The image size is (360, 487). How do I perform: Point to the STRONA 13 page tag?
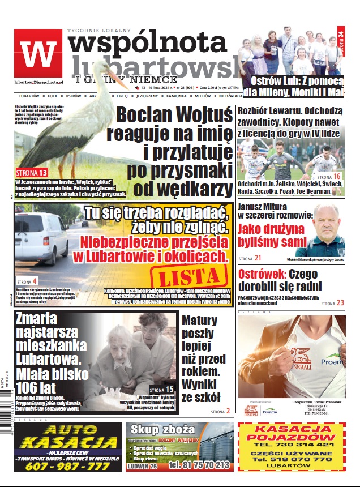point(32,172)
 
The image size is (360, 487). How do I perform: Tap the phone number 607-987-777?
point(68,466)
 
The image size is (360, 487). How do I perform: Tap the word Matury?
point(199,321)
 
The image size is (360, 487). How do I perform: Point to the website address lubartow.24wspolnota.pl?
point(38,83)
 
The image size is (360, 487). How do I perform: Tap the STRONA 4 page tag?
point(27,281)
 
